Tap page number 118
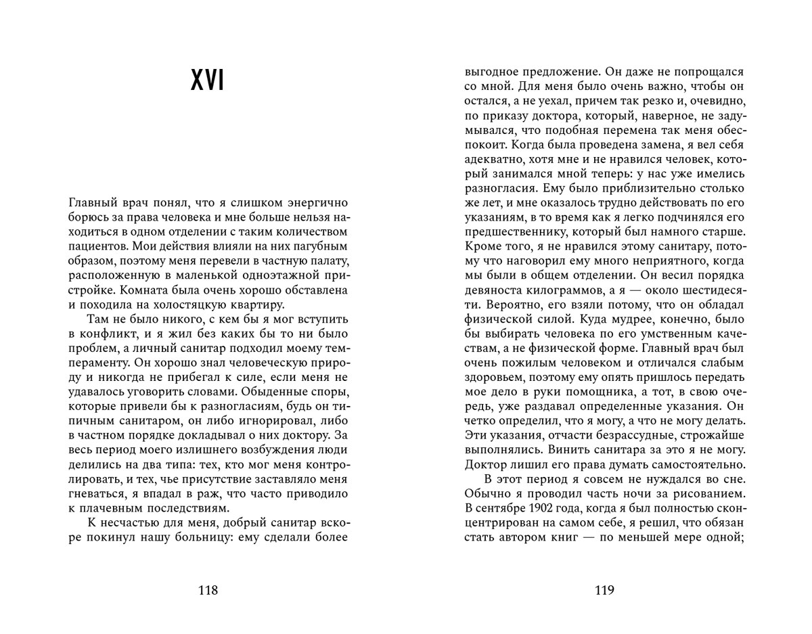208,590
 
